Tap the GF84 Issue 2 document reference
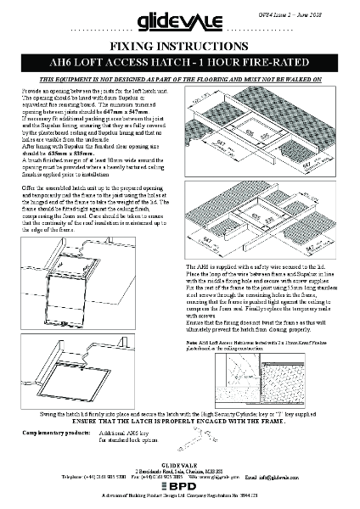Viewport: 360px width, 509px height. click(x=323, y=6)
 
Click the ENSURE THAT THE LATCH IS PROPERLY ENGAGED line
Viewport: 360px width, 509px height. click(x=180, y=422)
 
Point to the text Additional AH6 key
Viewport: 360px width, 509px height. click(x=124, y=433)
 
